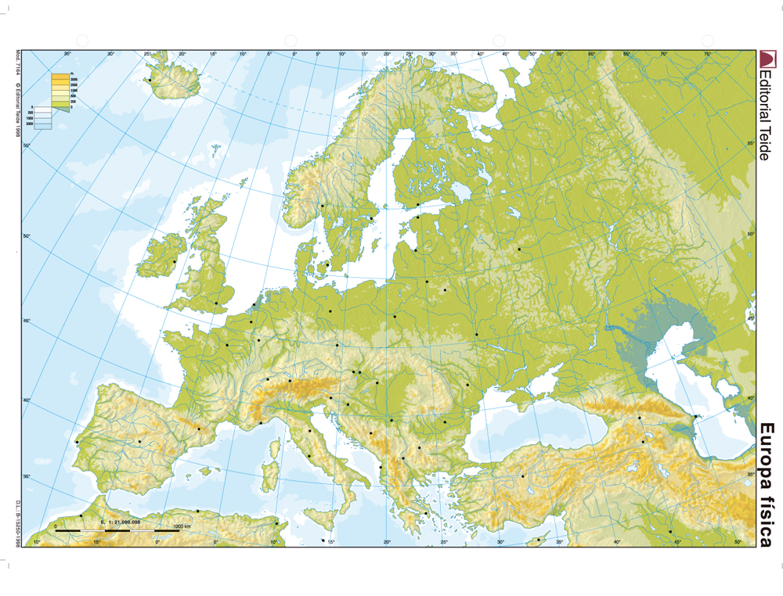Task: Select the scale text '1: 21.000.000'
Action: pyautogui.click(x=121, y=521)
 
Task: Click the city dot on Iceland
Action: pyautogui.click(x=149, y=80)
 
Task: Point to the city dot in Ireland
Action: pyautogui.click(x=174, y=261)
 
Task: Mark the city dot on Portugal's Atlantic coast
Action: pyautogui.click(x=77, y=443)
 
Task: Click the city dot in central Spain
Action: pyautogui.click(x=139, y=441)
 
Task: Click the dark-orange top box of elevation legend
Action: pyautogui.click(x=60, y=77)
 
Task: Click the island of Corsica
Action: pyautogui.click(x=275, y=448)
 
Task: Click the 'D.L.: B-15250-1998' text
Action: pyautogui.click(x=17, y=521)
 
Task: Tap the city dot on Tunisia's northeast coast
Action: pyautogui.click(x=276, y=523)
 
